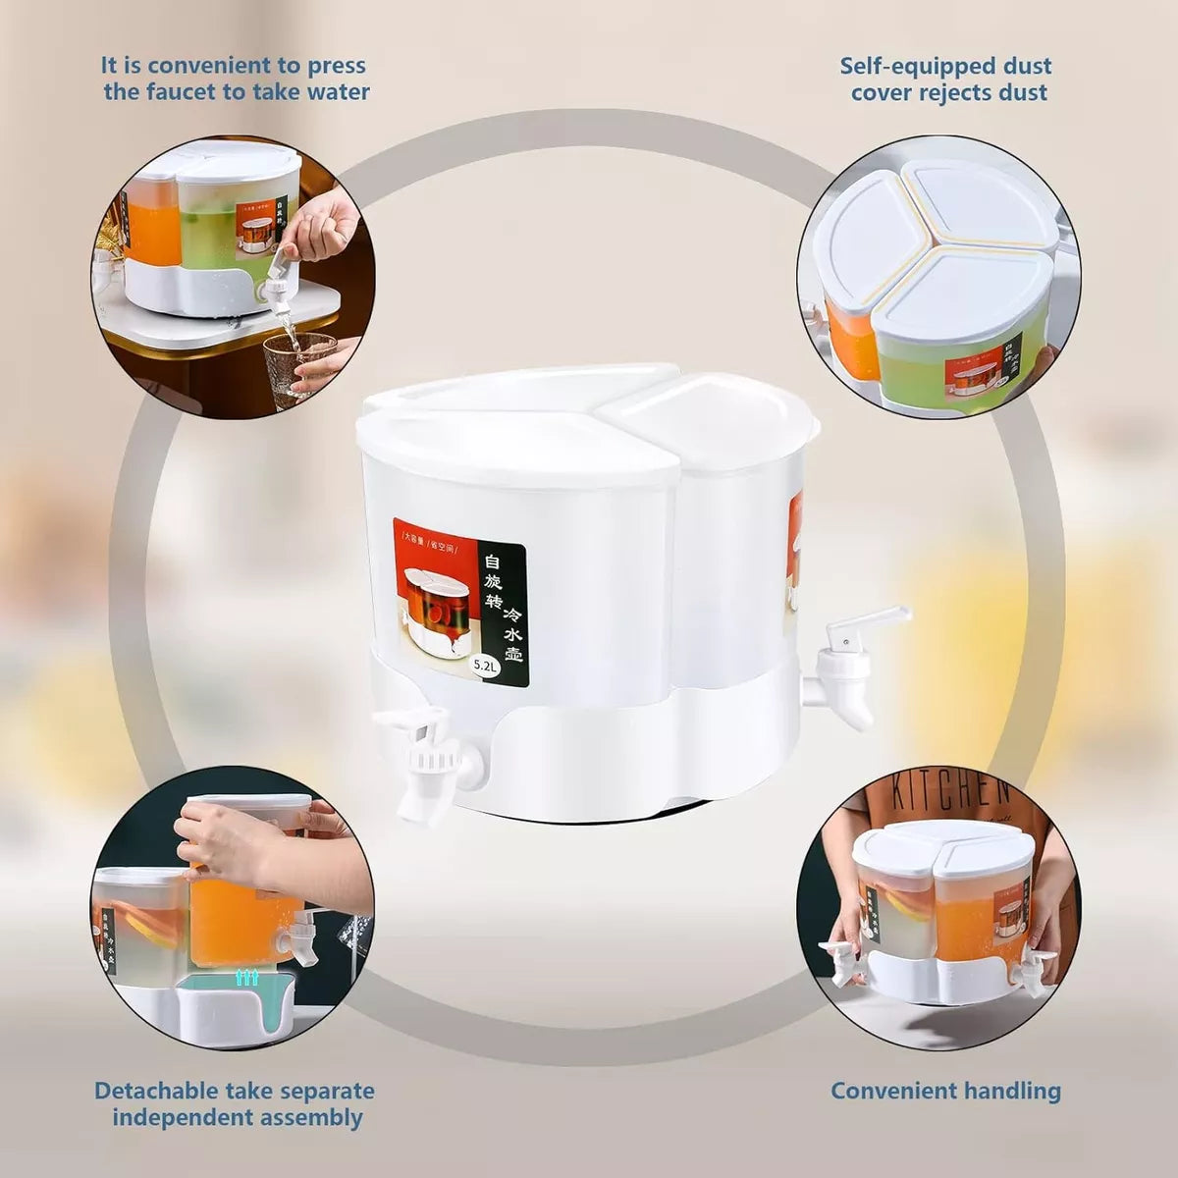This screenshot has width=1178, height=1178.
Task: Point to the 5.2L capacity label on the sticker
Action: point(486,665)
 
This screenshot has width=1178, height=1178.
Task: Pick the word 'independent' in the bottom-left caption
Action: point(178,1117)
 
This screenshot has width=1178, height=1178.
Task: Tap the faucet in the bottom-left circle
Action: point(303,929)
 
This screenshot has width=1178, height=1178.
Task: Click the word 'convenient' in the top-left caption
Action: point(194,66)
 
